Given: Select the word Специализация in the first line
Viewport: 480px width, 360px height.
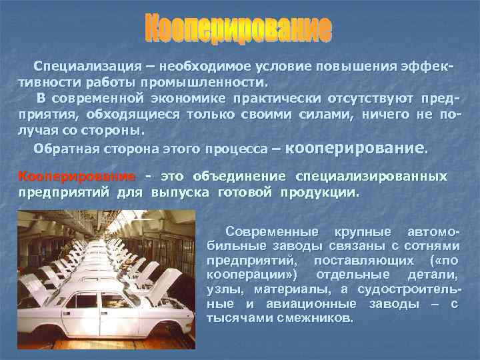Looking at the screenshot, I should point(80,68).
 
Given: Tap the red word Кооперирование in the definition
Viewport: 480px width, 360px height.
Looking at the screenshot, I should point(76,177).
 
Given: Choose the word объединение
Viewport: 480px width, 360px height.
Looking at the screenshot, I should point(239,177).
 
